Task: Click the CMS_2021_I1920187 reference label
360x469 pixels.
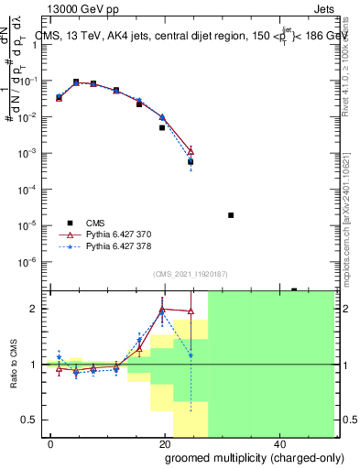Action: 191,275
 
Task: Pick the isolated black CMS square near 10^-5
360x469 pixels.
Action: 231,215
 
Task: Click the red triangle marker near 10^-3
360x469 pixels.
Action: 191,151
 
